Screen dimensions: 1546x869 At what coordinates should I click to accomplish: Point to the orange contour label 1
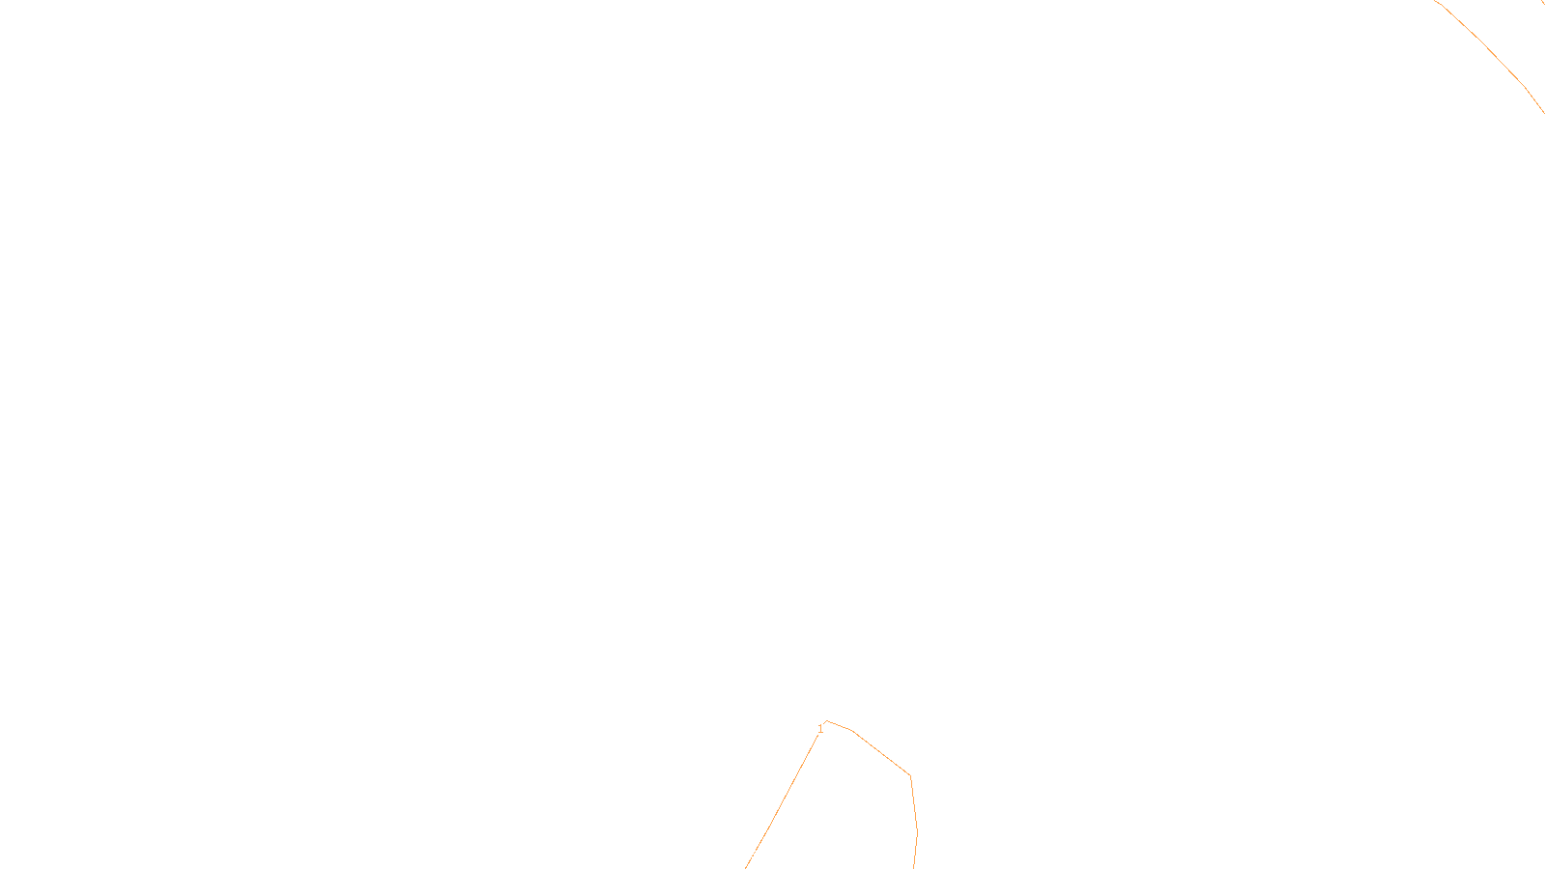pos(820,729)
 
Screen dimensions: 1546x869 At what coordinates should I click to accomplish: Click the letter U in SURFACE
pos(759,854)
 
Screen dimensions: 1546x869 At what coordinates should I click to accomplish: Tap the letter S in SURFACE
pos(753,854)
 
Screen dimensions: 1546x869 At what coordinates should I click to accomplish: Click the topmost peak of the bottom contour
pos(827,721)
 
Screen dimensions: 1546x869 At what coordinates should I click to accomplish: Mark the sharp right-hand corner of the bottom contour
pos(910,775)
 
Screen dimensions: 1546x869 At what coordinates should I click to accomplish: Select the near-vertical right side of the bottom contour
pos(914,821)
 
